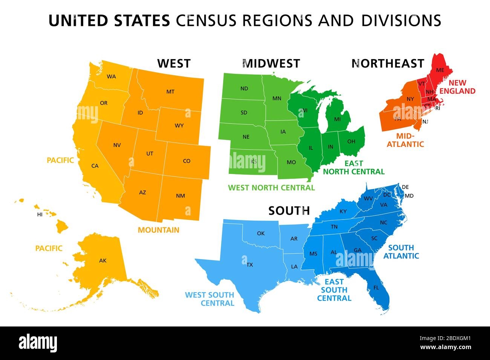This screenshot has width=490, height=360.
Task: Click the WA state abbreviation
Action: pyautogui.click(x=111, y=76)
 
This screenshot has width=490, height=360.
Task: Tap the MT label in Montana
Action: pyautogui.click(x=170, y=92)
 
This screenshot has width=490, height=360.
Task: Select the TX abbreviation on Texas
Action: pyautogui.click(x=250, y=265)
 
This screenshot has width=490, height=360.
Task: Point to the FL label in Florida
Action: pyautogui.click(x=376, y=288)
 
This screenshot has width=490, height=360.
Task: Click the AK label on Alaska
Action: pyautogui.click(x=103, y=260)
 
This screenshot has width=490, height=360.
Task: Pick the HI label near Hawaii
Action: pyautogui.click(x=40, y=215)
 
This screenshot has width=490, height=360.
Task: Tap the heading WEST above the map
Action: pyautogui.click(x=174, y=63)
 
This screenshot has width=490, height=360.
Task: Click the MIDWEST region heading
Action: pyautogui.click(x=271, y=63)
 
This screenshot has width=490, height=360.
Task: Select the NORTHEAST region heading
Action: pyautogui.click(x=388, y=63)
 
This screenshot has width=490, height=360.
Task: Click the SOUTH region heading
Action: pyautogui.click(x=289, y=211)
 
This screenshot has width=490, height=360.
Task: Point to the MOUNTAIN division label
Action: pyautogui.click(x=158, y=230)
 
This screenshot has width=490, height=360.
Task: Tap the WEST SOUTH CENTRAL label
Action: pyautogui.click(x=210, y=299)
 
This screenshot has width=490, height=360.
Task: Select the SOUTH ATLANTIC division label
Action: pyautogui.click(x=401, y=252)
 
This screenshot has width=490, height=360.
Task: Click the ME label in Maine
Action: pyautogui.click(x=440, y=70)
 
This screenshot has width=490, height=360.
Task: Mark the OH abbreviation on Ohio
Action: pyautogui.click(x=351, y=142)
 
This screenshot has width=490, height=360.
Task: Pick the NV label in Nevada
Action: pyautogui.click(x=117, y=145)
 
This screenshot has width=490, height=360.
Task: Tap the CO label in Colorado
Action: pyautogui.click(x=187, y=161)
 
